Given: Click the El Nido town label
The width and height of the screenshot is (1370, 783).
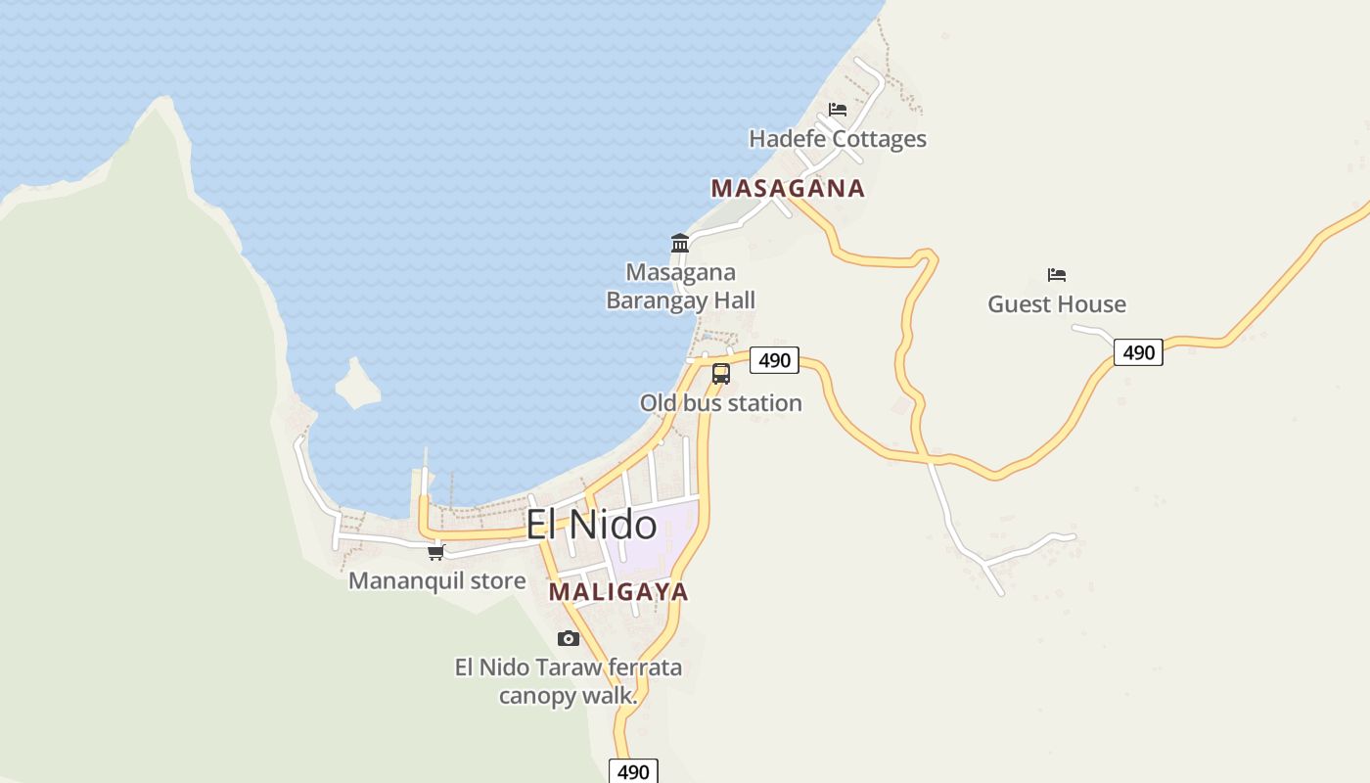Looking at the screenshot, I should [x=591, y=526].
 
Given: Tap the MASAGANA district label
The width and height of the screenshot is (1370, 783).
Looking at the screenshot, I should [x=788, y=188].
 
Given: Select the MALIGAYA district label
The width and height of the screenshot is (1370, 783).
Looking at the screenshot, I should [x=618, y=592].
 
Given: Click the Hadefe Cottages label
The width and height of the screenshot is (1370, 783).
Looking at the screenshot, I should [x=838, y=139].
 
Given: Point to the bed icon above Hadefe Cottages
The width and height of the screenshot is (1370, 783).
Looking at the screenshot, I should [x=838, y=109].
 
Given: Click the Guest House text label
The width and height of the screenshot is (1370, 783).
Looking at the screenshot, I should [x=1057, y=304].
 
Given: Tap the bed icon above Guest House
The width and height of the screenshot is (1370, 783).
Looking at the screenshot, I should [x=1057, y=275].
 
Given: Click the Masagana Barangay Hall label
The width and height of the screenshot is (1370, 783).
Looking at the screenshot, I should [x=681, y=286].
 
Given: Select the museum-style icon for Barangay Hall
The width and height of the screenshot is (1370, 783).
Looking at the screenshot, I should [x=680, y=243].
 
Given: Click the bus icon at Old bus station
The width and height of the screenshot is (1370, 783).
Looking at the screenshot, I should [x=721, y=373].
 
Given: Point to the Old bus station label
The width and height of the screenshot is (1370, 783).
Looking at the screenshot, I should [x=721, y=403].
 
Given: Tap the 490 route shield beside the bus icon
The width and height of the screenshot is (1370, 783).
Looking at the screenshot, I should [x=774, y=360].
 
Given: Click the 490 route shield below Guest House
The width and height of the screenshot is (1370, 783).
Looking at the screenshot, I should [x=1138, y=352].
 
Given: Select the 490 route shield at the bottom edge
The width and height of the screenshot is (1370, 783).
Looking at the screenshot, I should [x=633, y=771].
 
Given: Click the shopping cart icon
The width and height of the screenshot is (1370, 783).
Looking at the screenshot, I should [x=436, y=552].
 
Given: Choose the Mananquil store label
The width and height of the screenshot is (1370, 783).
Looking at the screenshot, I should [x=437, y=580].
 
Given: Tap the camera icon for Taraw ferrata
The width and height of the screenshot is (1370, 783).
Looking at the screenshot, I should [x=569, y=639].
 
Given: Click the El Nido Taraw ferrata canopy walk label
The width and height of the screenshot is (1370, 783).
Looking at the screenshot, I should [x=569, y=681].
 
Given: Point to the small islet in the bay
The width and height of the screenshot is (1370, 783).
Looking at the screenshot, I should [x=357, y=385].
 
